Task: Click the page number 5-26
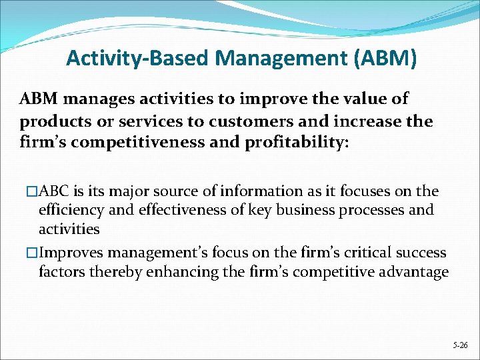coord(460,346)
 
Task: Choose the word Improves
coord(71,253)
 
